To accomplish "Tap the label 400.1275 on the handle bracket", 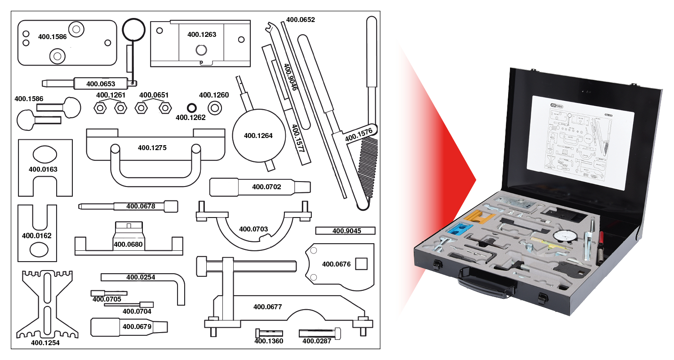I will point(152,147).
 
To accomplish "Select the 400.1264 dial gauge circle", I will point(258,135).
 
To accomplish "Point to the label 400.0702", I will point(266,187).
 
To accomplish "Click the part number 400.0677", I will point(267,307).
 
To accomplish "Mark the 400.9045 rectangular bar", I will point(345,231).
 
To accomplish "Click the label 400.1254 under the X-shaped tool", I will point(45,342).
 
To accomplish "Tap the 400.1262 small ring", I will point(192,108).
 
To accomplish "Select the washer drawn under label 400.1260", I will point(214,107).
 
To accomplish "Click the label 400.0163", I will point(43,169).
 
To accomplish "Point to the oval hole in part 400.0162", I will point(39,249).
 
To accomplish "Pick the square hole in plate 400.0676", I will point(361,264).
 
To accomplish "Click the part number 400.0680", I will point(128,244).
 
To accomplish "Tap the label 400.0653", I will point(101,84).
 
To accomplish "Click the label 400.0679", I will point(137,327).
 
